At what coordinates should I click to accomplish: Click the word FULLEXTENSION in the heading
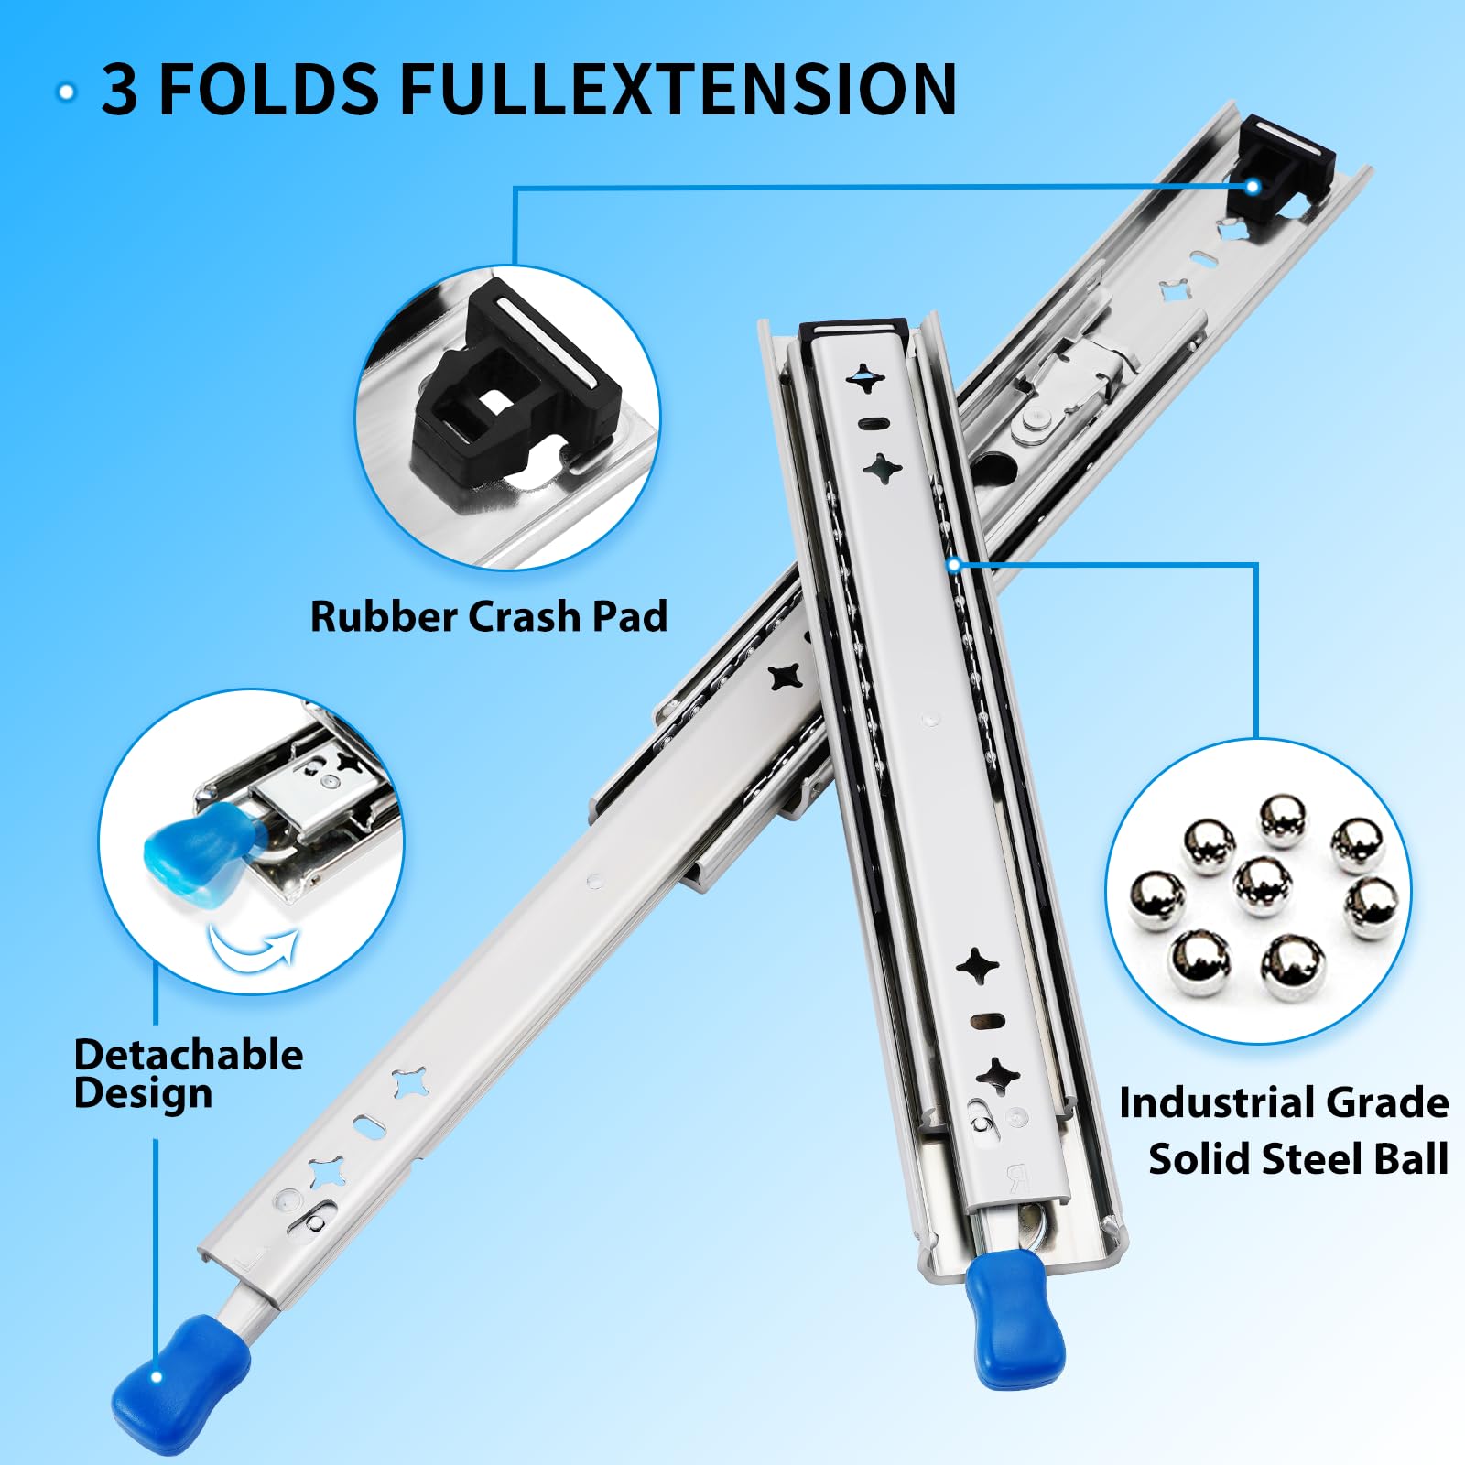click(678, 89)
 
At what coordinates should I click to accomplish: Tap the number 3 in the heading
click(120, 89)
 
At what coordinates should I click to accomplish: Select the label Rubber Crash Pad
click(489, 616)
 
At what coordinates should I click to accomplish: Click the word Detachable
click(189, 1055)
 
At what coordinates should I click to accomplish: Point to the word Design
click(144, 1094)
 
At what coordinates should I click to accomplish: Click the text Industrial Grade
click(1284, 1102)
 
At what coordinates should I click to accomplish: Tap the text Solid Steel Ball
click(1298, 1158)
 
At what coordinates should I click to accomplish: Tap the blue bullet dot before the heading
click(66, 92)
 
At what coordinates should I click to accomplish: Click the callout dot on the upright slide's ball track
click(954, 564)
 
